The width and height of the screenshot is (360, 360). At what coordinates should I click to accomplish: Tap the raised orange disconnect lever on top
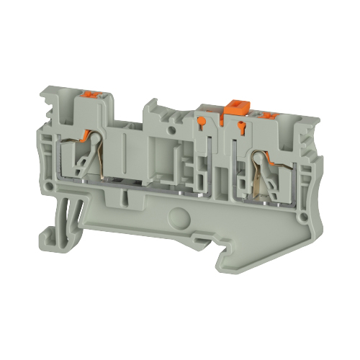click(x=233, y=107)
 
